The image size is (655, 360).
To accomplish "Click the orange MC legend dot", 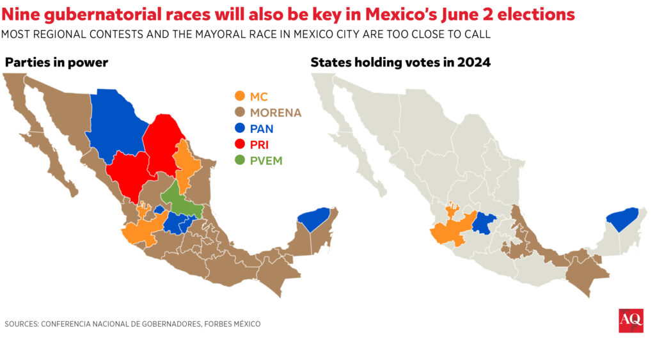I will [239, 97].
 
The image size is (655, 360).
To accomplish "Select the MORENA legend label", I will [275, 113].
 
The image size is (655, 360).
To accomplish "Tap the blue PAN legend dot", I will [239, 129].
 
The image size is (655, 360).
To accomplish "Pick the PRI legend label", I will [259, 145].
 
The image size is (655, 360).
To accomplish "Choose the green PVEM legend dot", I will [239, 160].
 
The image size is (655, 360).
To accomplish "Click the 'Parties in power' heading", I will [56, 62].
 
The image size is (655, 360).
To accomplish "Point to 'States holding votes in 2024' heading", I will [400, 62].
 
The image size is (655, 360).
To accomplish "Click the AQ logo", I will [631, 320].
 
